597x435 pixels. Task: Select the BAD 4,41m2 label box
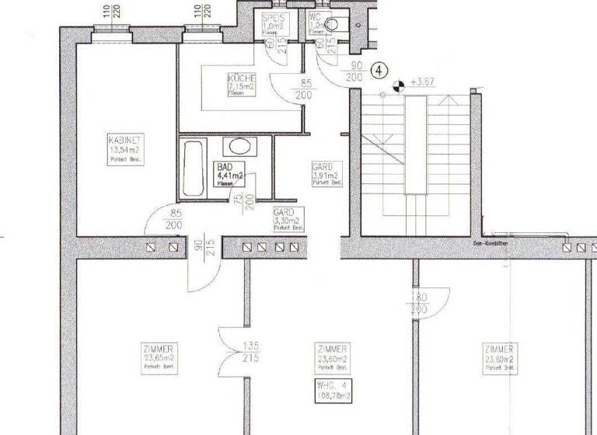pyautogui.click(x=230, y=175)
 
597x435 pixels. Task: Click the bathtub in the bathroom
pyautogui.click(x=191, y=166)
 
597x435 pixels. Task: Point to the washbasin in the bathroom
pyautogui.click(x=238, y=146)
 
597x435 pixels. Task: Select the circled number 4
pyautogui.click(x=379, y=70)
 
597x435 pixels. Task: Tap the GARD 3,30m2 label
pyautogui.click(x=287, y=220)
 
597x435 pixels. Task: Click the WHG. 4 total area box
pyautogui.click(x=333, y=391)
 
